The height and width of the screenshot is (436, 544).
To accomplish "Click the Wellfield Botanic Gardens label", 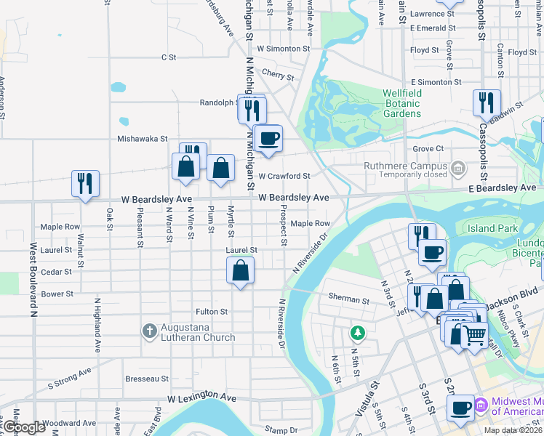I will (402, 104).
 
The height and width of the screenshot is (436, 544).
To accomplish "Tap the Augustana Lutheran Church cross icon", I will (148, 331).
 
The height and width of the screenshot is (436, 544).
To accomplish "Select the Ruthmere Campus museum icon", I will (457, 169).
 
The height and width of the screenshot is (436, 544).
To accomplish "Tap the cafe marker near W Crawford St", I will (268, 137).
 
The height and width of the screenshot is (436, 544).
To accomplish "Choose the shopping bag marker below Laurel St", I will (240, 272).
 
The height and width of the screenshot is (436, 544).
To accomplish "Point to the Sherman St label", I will (349, 299).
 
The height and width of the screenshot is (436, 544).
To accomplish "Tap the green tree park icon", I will (356, 333).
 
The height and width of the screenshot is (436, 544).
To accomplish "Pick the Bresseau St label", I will (147, 379).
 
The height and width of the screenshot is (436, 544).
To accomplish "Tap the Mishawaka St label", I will (143, 138).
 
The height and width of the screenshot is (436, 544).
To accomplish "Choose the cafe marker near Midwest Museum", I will (460, 407).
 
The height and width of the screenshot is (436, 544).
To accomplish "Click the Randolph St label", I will (219, 102).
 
